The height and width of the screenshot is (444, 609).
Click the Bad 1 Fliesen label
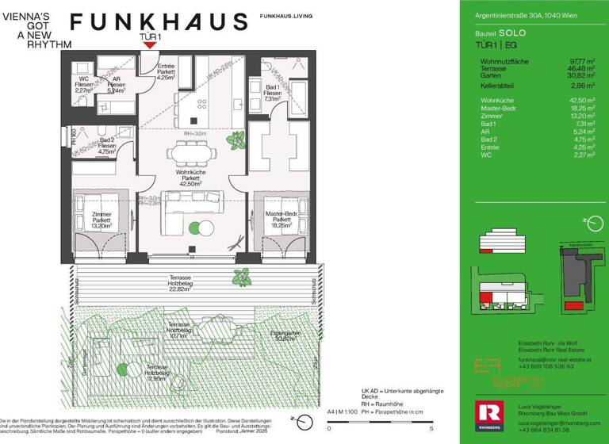[273, 93]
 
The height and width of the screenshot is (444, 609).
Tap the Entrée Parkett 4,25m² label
[167, 71]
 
